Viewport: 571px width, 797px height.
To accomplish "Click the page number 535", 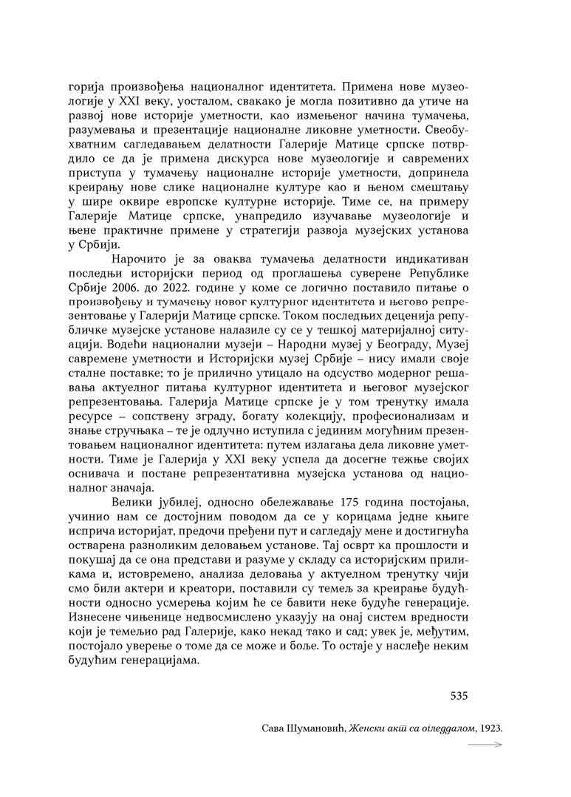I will tap(459, 695).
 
